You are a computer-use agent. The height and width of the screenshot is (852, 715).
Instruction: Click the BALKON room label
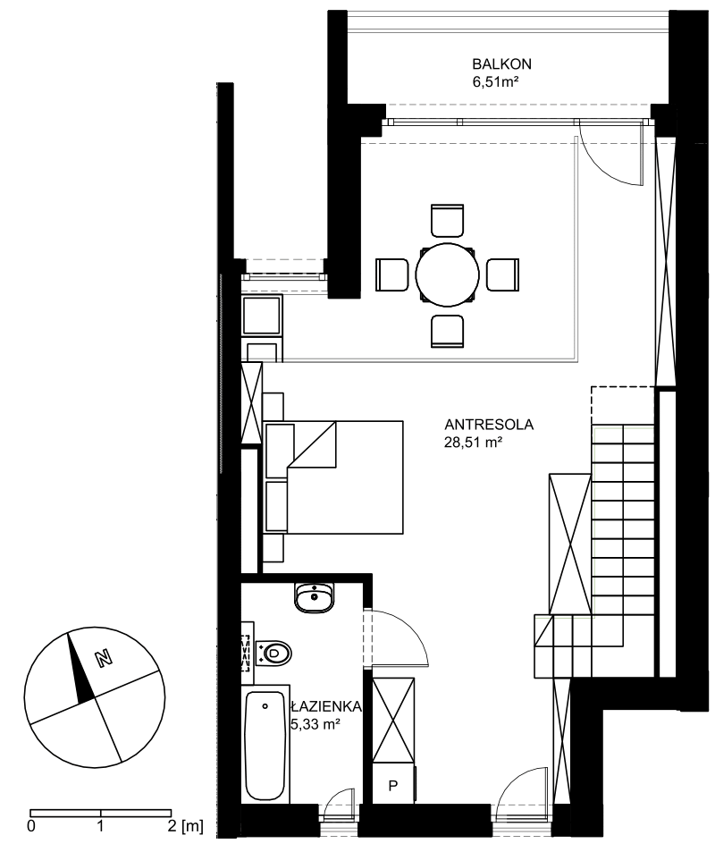click(501, 64)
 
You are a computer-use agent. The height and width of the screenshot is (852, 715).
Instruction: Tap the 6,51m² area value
click(494, 82)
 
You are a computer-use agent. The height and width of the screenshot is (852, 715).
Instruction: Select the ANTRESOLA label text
click(489, 425)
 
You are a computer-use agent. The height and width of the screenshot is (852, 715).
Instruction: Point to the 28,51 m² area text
click(473, 443)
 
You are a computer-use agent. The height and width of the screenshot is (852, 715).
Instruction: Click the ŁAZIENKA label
click(326, 706)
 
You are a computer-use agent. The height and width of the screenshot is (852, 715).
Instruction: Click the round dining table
click(447, 275)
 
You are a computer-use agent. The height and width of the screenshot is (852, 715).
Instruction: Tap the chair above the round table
click(447, 220)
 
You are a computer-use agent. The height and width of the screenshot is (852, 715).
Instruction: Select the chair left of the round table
click(391, 275)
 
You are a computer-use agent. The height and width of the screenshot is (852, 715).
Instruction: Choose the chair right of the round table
click(502, 275)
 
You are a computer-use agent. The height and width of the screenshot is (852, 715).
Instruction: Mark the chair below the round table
click(447, 331)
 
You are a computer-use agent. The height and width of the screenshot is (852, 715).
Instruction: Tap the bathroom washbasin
click(315, 597)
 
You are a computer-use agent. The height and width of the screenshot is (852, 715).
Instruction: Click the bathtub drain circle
click(265, 706)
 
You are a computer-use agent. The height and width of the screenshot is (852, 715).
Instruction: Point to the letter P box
click(393, 785)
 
